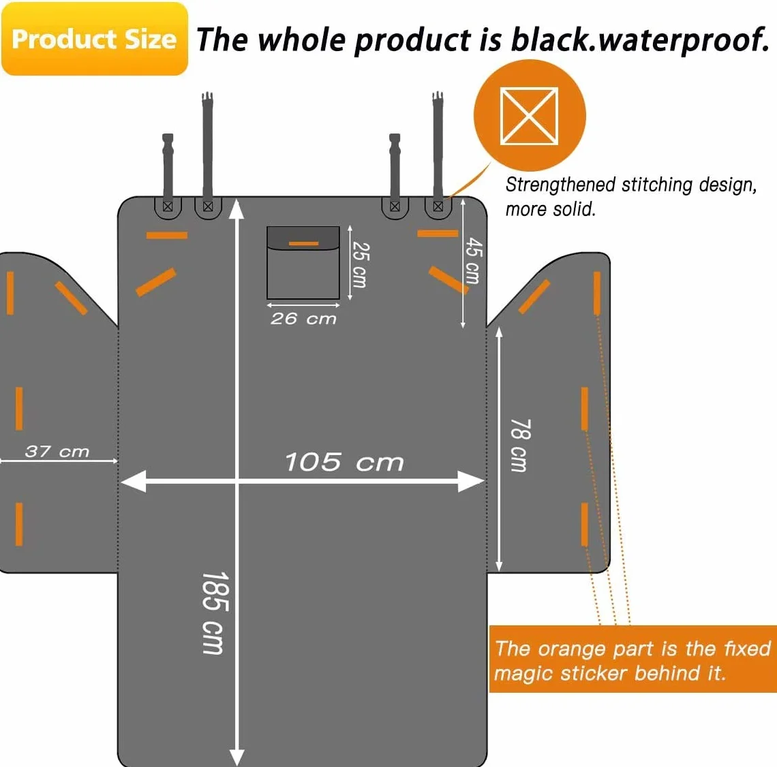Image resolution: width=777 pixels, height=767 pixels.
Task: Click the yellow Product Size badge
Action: pos(95,39)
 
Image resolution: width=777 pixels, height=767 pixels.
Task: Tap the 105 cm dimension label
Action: pos(344,462)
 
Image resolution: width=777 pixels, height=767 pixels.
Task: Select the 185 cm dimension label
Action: pos(215,613)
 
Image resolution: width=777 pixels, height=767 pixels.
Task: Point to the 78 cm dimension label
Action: pos(521,445)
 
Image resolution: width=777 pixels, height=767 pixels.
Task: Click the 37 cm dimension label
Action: pos(57,451)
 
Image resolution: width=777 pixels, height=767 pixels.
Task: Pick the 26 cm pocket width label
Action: pos(303,318)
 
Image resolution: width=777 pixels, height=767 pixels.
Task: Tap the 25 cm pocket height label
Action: pos(360,264)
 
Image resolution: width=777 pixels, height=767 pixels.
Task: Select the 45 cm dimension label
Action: pos(473,260)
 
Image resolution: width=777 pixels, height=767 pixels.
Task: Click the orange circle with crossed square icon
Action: pos(530,115)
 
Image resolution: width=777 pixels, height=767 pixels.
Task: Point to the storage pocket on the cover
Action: pos(303,262)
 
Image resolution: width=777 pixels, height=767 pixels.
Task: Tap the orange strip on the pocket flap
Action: pos(304,244)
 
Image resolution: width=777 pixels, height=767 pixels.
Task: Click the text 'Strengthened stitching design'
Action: pos(631,185)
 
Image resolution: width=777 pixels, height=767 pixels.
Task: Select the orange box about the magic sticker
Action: pos(633,659)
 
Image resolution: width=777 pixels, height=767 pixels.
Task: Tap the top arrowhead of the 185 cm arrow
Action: pos(237,208)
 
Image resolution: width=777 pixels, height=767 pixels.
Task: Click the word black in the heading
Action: pos(551,39)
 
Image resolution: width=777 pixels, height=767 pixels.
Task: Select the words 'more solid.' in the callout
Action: pos(550,209)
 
